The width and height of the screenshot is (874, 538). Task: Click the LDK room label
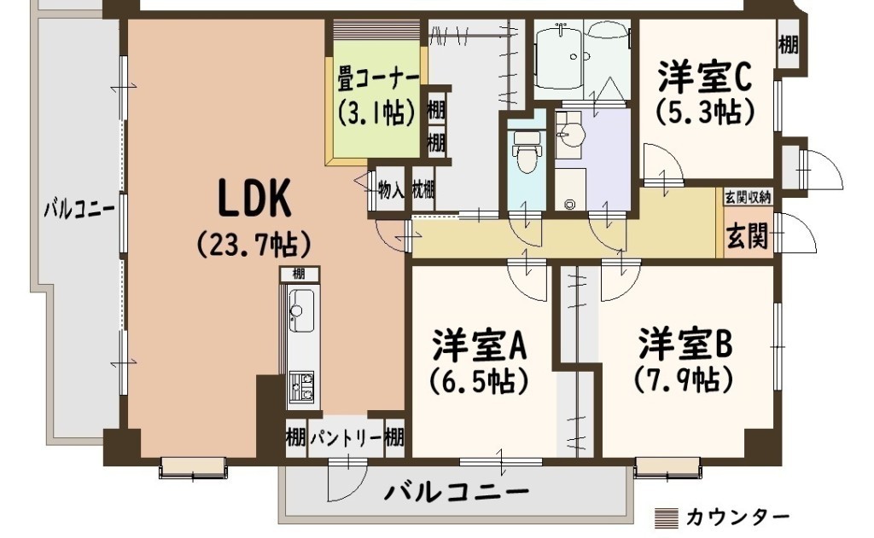254,198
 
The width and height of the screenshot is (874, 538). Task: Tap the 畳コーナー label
378,80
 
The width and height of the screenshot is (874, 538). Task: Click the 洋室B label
685,344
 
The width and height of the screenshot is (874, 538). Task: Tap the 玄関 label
748,236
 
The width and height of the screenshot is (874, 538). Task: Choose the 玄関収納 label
748,197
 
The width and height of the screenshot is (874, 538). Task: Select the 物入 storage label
391,190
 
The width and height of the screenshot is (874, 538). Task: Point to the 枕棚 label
423,190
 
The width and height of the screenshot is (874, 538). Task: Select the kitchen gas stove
301,386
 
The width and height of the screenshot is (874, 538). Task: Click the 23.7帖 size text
254,243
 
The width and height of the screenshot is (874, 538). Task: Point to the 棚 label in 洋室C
788,44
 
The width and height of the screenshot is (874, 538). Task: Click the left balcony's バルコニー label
79,210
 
